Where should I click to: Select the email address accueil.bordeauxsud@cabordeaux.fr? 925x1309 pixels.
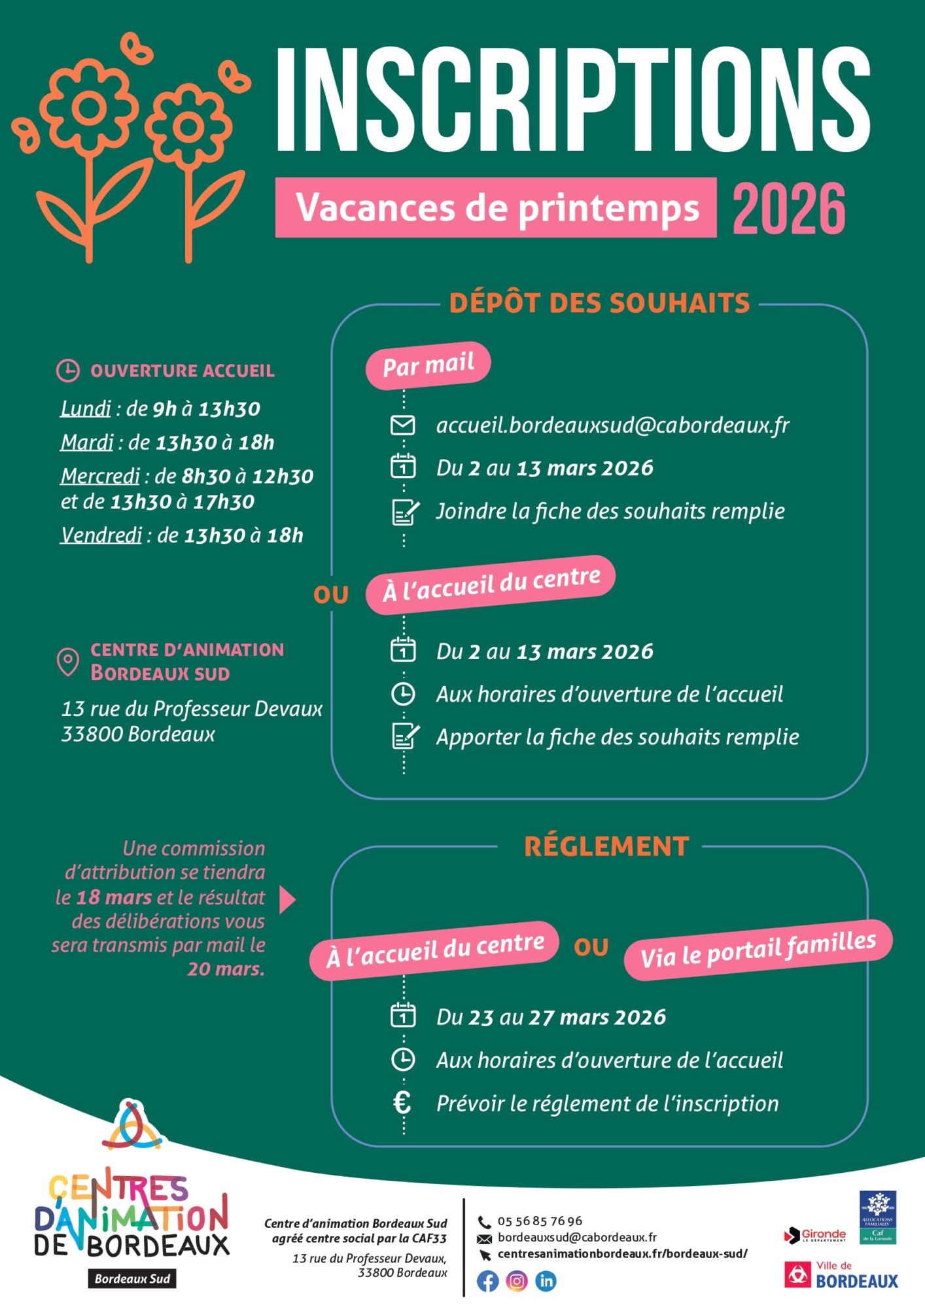[612, 425]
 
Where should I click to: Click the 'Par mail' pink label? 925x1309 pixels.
[428, 365]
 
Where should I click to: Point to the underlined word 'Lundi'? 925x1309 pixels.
[86, 409]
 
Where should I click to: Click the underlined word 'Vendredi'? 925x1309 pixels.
[101, 535]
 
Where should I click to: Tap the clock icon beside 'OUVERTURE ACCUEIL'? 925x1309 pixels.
[68, 370]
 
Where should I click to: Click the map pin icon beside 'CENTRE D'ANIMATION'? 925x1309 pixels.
[68, 662]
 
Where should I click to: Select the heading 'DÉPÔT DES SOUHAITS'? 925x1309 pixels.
[599, 304]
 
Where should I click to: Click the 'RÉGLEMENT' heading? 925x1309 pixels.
[606, 846]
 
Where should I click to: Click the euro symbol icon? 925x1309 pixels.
[402, 1103]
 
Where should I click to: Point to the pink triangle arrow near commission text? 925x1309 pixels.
[287, 900]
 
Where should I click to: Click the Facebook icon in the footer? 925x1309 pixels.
[487, 1281]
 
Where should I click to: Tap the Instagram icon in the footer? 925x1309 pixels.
[517, 1281]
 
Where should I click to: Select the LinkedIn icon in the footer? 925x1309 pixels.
[546, 1281]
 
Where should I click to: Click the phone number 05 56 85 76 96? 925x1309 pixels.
[540, 1221]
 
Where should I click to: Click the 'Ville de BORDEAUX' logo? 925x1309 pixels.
[841, 1275]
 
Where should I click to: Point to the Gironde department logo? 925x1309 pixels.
[815, 1234]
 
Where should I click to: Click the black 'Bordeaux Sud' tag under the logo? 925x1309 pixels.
[132, 1279]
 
